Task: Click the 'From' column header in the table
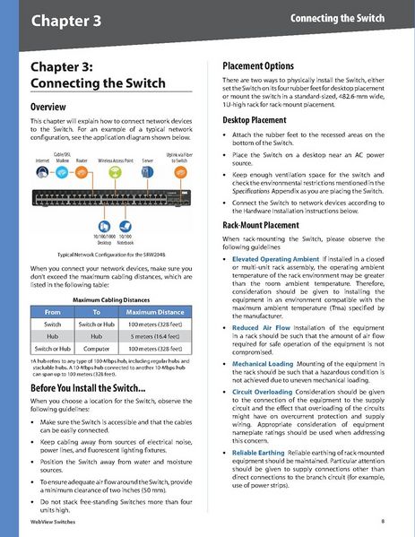point(53,310)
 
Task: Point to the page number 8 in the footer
point(383,520)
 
